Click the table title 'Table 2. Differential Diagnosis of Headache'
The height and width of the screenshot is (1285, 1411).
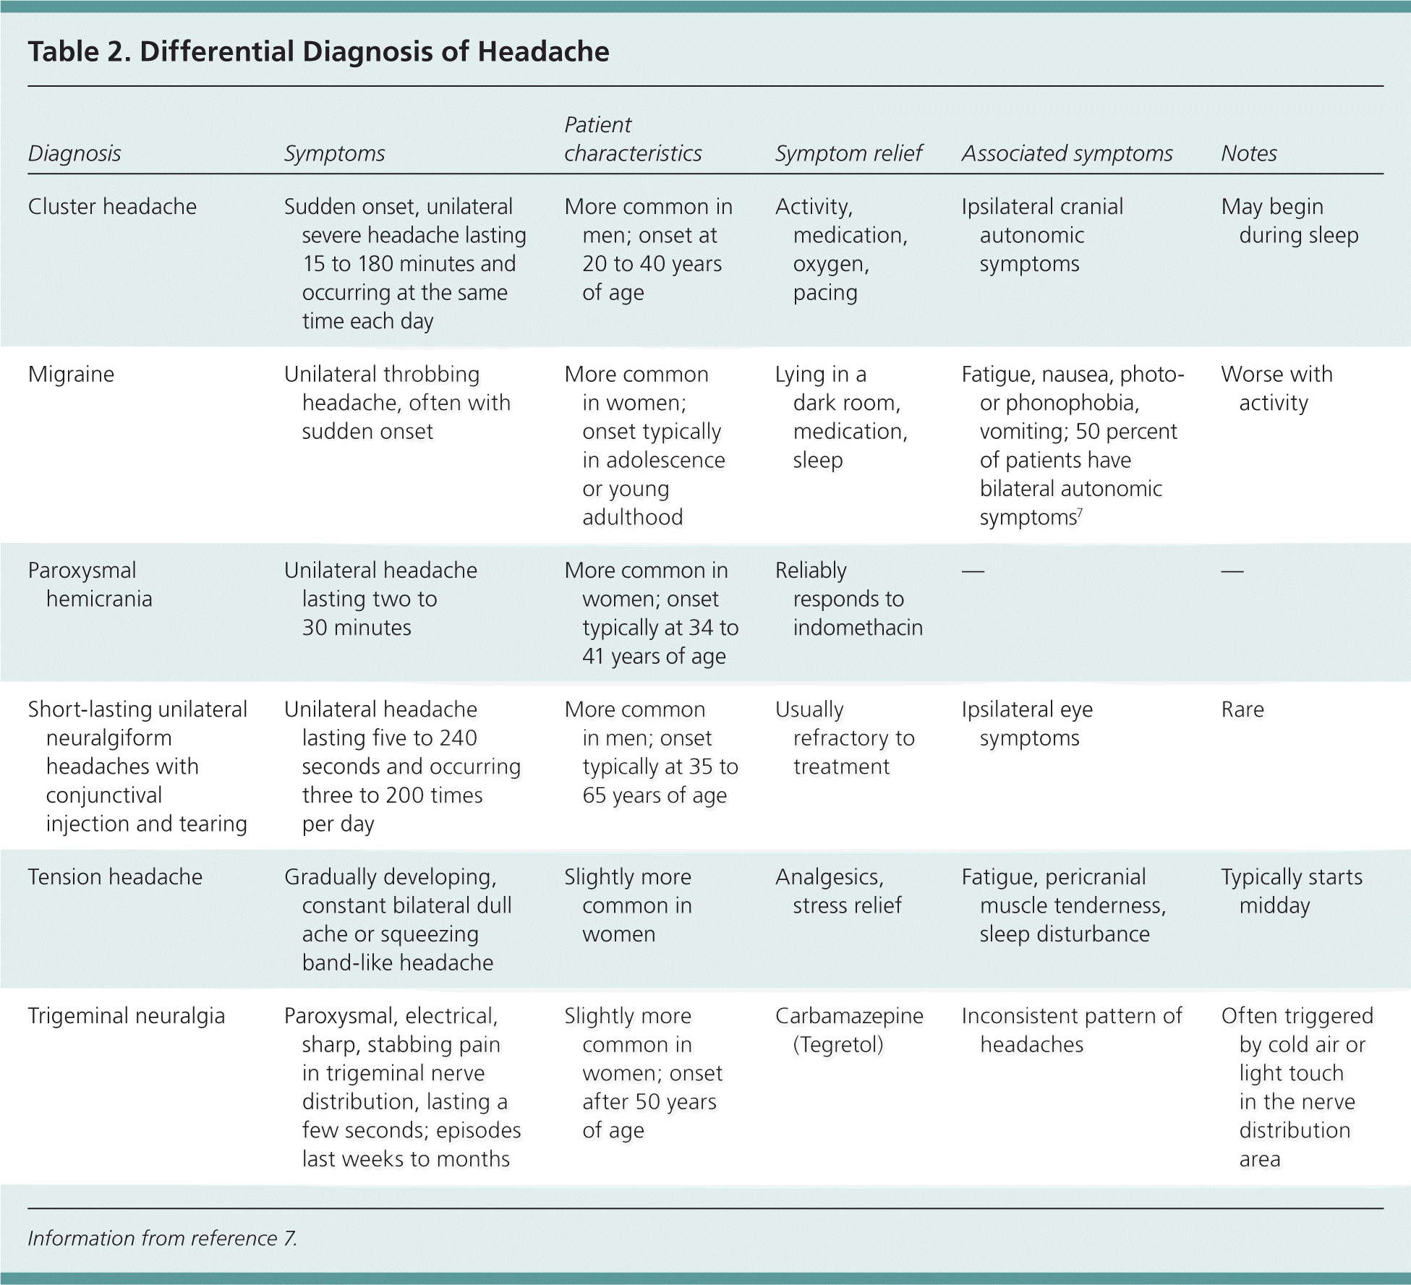tap(318, 51)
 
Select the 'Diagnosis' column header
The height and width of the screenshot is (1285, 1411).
tap(74, 153)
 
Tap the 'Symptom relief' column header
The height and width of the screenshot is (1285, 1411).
tap(848, 153)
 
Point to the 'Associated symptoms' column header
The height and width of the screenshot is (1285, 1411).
tap(1067, 153)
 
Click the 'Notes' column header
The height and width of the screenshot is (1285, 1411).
tap(1249, 153)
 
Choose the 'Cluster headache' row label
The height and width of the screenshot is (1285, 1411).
tap(112, 207)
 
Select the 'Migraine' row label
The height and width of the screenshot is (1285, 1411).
tap(71, 375)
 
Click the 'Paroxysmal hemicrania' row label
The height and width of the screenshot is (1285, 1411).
tap(90, 584)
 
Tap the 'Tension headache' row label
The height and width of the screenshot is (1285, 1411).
tap(115, 877)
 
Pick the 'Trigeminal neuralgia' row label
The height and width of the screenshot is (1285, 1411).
tap(127, 1016)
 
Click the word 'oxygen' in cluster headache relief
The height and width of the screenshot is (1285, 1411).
tap(830, 264)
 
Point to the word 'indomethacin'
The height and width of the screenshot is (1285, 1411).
tap(858, 628)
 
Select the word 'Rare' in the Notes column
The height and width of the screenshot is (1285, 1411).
tap(1242, 709)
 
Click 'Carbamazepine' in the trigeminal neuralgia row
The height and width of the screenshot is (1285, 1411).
tap(849, 1016)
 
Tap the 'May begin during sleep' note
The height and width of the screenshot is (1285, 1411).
tap(1289, 221)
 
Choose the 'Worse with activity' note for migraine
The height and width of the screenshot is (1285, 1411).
tap(1276, 388)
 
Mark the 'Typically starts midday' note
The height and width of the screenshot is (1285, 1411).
tap(1292, 891)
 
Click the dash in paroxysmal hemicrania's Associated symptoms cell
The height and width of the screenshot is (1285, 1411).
tap(973, 571)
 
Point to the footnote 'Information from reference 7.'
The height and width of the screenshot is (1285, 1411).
tap(163, 1239)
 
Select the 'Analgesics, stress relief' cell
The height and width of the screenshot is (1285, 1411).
tap(839, 891)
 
